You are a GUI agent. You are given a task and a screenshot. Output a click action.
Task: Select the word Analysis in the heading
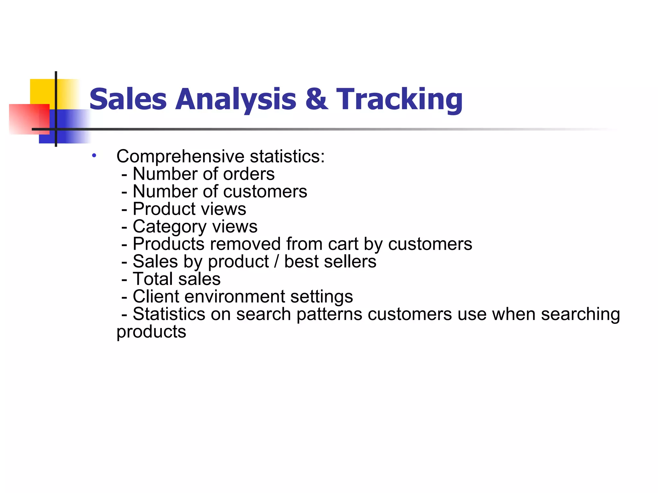[236, 99]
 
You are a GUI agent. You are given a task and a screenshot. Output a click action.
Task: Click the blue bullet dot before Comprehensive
[94, 156]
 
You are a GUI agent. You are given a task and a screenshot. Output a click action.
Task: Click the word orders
[249, 174]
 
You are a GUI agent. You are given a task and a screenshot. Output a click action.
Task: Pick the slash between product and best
[276, 262]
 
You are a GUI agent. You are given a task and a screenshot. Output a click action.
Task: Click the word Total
[153, 279]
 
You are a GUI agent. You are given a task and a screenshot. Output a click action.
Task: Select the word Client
[156, 297]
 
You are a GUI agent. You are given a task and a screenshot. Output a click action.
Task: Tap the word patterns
[329, 314]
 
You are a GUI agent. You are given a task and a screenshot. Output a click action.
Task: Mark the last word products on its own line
[151, 332]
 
